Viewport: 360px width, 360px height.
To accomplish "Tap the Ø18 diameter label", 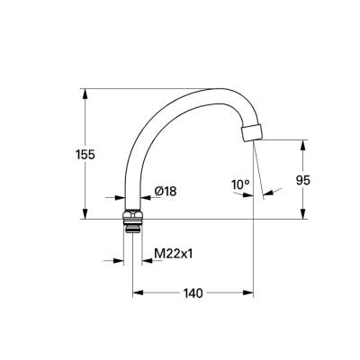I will click(165, 191).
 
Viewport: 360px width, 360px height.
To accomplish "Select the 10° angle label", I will click(239, 185).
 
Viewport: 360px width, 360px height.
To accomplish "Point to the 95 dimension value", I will click(303, 180).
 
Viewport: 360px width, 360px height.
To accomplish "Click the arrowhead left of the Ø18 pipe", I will click(120, 197).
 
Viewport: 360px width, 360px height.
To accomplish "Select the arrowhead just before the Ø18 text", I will click(147, 197).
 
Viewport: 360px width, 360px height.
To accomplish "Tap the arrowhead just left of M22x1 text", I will click(146, 261).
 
